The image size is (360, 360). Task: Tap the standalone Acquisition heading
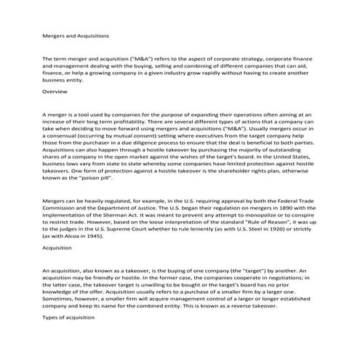[59, 248]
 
